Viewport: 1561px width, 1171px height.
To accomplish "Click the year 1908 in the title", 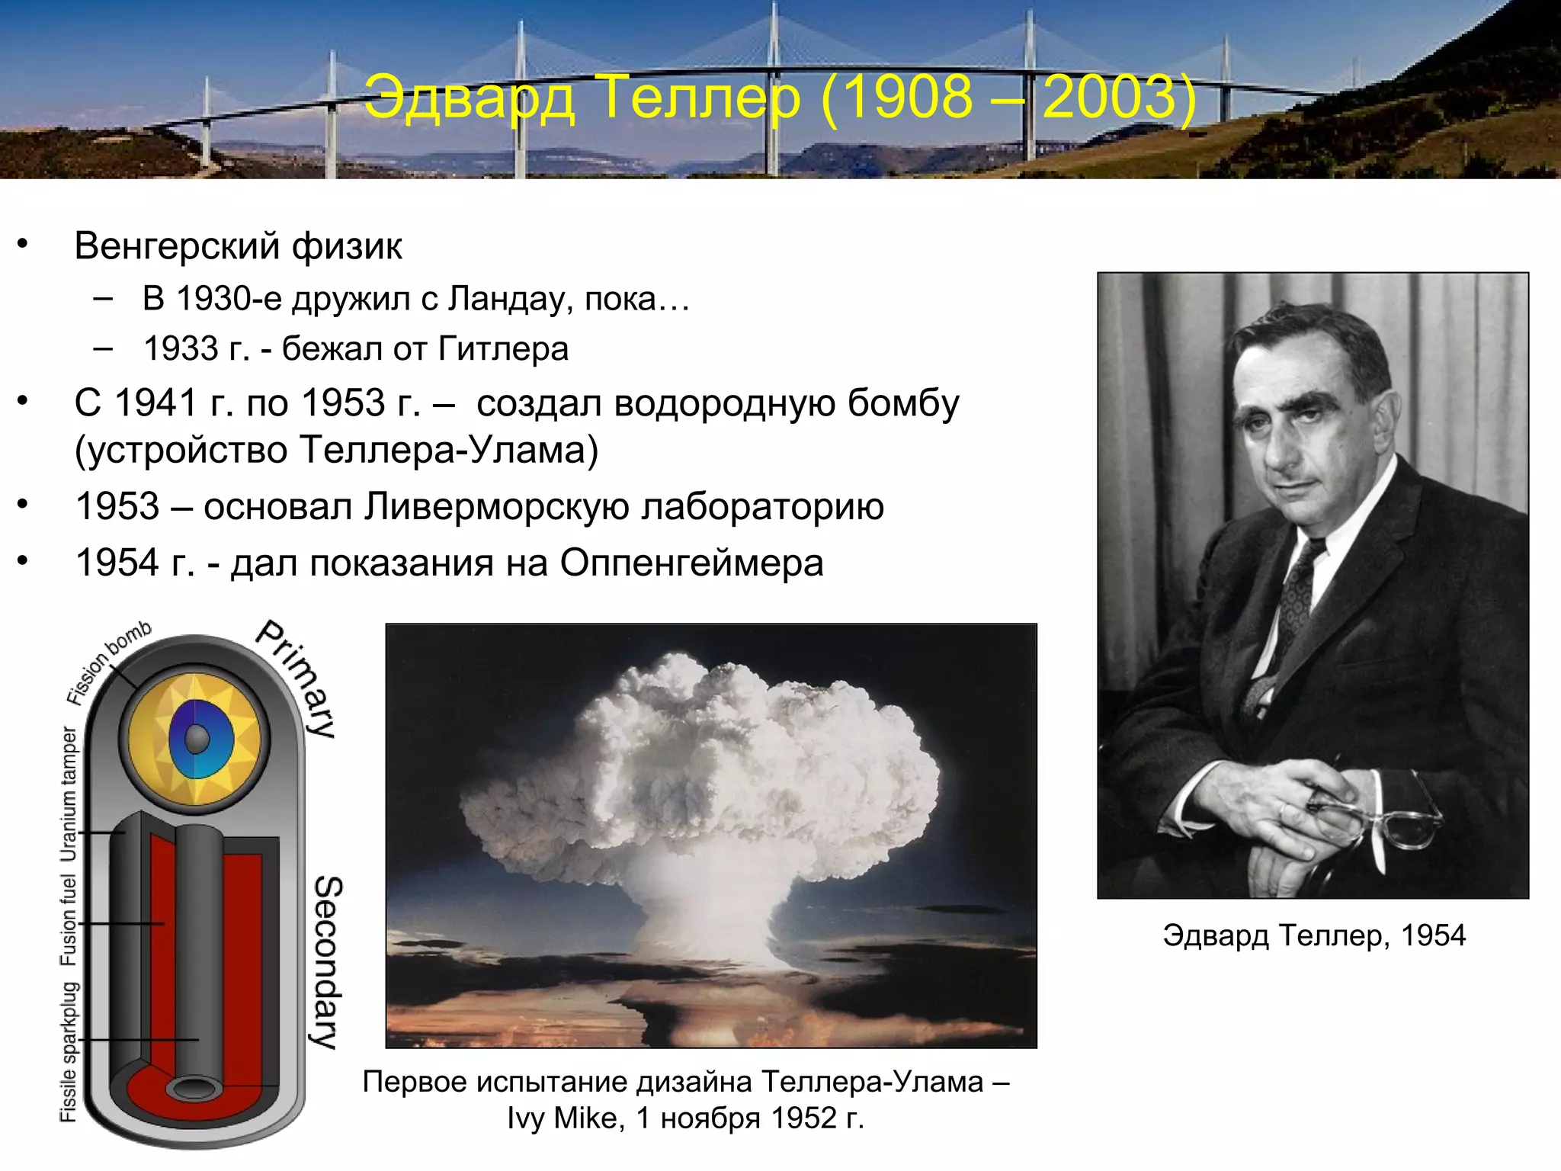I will (x=908, y=98).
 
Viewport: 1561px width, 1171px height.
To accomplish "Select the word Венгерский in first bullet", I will (x=177, y=246).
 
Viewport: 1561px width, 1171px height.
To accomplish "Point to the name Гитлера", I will (x=503, y=349).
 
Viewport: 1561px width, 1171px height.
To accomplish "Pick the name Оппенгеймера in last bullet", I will (x=691, y=563).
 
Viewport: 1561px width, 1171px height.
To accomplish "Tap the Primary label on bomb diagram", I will (x=297, y=678).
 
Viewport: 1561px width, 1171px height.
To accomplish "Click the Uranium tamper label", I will (x=69, y=794).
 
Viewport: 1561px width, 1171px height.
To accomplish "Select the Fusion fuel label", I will (x=69, y=920).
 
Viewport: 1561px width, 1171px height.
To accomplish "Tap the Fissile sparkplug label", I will (x=69, y=1051).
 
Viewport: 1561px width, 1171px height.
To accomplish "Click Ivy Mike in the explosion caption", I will (x=565, y=1118).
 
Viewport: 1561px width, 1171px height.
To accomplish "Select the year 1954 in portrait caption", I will (x=1433, y=935).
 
